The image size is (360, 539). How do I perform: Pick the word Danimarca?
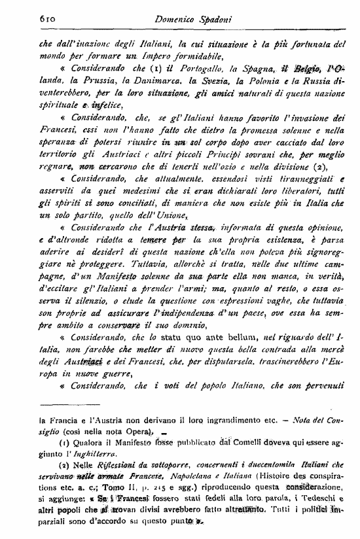click(x=142, y=83)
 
